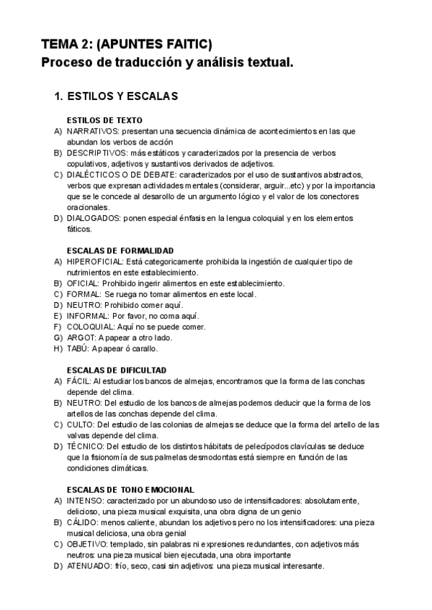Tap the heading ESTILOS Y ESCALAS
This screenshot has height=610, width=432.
tap(122, 96)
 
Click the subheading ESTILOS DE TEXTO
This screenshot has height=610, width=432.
tap(104, 120)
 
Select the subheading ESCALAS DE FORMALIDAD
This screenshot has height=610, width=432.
tap(120, 250)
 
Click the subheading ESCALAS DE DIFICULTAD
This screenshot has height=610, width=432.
tap(115, 369)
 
